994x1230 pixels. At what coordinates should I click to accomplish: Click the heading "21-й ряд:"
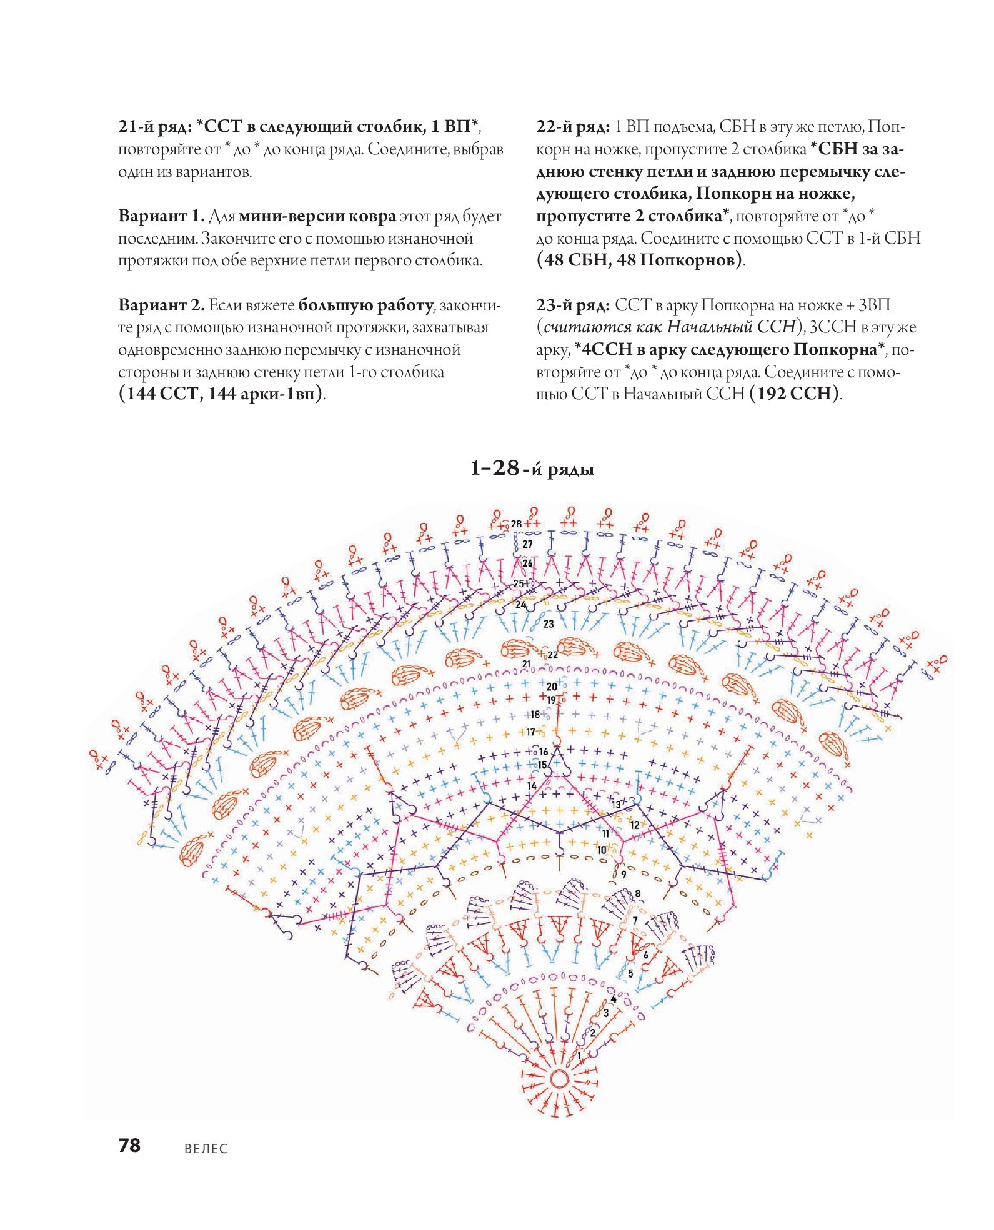pos(155,127)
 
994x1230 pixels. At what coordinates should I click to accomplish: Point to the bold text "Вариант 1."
pos(161,216)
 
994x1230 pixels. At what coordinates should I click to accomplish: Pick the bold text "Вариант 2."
pos(161,305)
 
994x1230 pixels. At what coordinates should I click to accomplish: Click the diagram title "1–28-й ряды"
pos(532,468)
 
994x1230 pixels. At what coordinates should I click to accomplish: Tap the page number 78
pos(129,1145)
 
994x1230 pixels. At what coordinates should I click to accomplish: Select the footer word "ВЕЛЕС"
pos(206,1149)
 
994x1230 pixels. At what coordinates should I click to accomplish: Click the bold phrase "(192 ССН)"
pos(794,394)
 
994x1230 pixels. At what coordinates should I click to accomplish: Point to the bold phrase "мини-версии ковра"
pos(317,216)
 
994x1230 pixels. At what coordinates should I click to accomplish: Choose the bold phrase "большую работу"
pos(366,305)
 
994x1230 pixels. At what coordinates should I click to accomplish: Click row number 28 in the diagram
pos(516,523)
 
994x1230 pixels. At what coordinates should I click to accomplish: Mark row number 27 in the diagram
pos(528,543)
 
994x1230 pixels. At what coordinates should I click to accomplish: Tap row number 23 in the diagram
pos(549,623)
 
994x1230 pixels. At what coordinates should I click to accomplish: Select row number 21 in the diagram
pos(527,664)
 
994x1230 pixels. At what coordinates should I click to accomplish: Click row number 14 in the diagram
pos(532,785)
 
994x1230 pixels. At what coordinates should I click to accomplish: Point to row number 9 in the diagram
pos(624,875)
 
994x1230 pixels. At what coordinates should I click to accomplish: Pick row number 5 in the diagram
pos(630,973)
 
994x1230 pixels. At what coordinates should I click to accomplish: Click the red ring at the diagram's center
pos(559,1079)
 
